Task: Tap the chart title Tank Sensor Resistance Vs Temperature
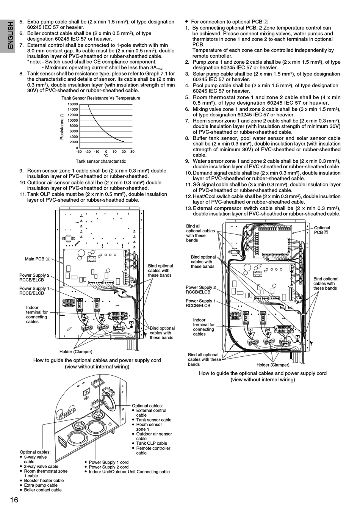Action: pyautogui.click(x=101, y=98)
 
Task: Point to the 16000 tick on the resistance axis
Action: pyautogui.click(x=72, y=104)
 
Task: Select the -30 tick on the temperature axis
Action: pyautogui.click(x=79, y=152)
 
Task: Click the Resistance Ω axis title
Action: pyautogui.click(x=62, y=127)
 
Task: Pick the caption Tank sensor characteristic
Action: pyautogui.click(x=101, y=161)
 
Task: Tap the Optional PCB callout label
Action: pyautogui.click(x=322, y=230)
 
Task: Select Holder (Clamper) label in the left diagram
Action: pyautogui.click(x=76, y=352)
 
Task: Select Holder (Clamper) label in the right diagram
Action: pyautogui.click(x=273, y=365)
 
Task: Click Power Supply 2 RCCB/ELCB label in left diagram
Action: pyautogui.click(x=34, y=277)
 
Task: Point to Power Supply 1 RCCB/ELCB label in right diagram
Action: pyautogui.click(x=200, y=303)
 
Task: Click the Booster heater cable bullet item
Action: pyautogui.click(x=44, y=480)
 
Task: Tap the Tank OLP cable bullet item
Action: pyautogui.click(x=152, y=443)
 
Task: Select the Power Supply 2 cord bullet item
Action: pyautogui.click(x=108, y=467)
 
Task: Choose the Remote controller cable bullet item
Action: pyautogui.click(x=153, y=450)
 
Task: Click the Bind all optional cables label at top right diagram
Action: pyautogui.click(x=200, y=233)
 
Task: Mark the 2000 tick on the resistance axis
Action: pyautogui.click(x=74, y=142)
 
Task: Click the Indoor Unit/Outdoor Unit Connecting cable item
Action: pyautogui.click(x=129, y=472)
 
